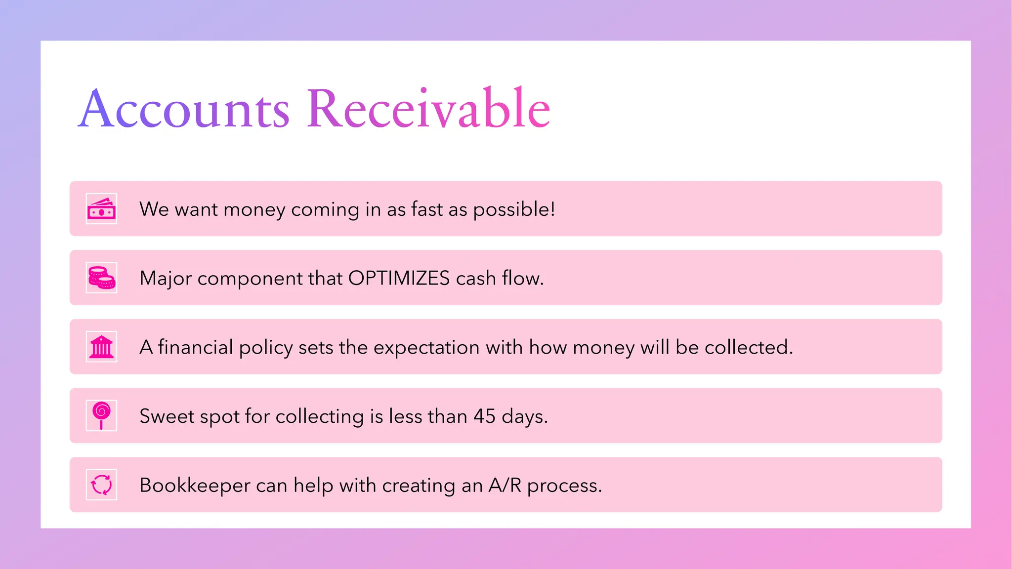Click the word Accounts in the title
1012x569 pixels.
point(184,109)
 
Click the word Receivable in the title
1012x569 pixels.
point(428,109)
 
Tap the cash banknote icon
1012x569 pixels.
point(101,209)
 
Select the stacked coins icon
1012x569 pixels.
point(101,278)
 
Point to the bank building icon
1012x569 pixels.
point(101,347)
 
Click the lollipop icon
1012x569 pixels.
point(101,415)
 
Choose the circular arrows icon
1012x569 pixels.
point(101,485)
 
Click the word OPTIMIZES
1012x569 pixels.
point(399,278)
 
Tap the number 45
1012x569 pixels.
point(484,416)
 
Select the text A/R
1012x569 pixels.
point(505,485)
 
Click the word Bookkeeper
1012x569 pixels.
point(195,485)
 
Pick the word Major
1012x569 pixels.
point(165,279)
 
